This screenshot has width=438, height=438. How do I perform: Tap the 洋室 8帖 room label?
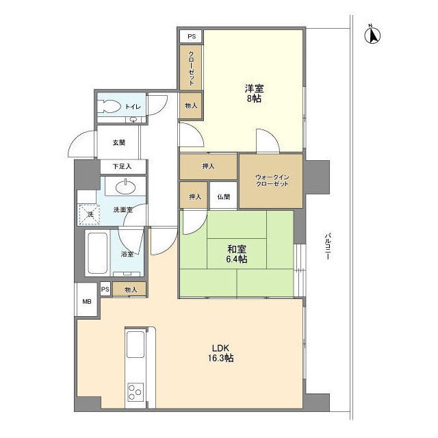[254, 93]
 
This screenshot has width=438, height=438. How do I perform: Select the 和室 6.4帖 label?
[236, 254]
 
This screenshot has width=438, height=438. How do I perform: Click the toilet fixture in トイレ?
[109, 107]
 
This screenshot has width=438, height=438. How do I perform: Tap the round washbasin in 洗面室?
[126, 187]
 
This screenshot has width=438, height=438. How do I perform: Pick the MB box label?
[87, 302]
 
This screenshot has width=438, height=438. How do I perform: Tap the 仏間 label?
[224, 197]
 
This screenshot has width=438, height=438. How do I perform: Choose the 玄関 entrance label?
[119, 142]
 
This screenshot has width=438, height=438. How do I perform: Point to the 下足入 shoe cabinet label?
[121, 166]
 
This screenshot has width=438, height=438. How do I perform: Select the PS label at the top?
[190, 36]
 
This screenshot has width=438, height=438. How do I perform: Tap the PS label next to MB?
[105, 289]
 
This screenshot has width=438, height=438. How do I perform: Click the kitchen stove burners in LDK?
[135, 393]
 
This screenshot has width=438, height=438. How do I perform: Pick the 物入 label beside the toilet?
[191, 105]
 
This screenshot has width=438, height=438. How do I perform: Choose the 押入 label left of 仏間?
[194, 197]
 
